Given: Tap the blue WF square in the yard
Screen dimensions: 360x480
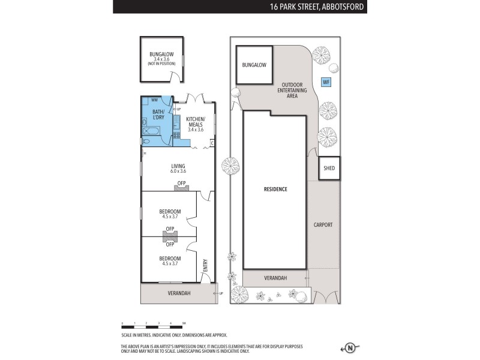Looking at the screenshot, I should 326,82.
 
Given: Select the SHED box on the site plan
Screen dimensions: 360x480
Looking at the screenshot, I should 329,169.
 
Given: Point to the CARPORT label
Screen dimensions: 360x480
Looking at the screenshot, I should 323,225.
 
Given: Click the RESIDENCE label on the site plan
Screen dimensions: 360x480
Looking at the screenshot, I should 275,189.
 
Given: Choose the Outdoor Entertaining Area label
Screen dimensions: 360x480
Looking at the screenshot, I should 292,90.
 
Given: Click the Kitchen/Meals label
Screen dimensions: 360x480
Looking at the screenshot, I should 196,123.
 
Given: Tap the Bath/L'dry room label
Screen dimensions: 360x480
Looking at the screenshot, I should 158,115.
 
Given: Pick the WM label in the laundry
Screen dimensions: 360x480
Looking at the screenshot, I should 154,100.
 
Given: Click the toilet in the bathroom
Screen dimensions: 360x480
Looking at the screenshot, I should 146,142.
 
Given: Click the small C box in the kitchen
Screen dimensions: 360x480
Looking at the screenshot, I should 212,143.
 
